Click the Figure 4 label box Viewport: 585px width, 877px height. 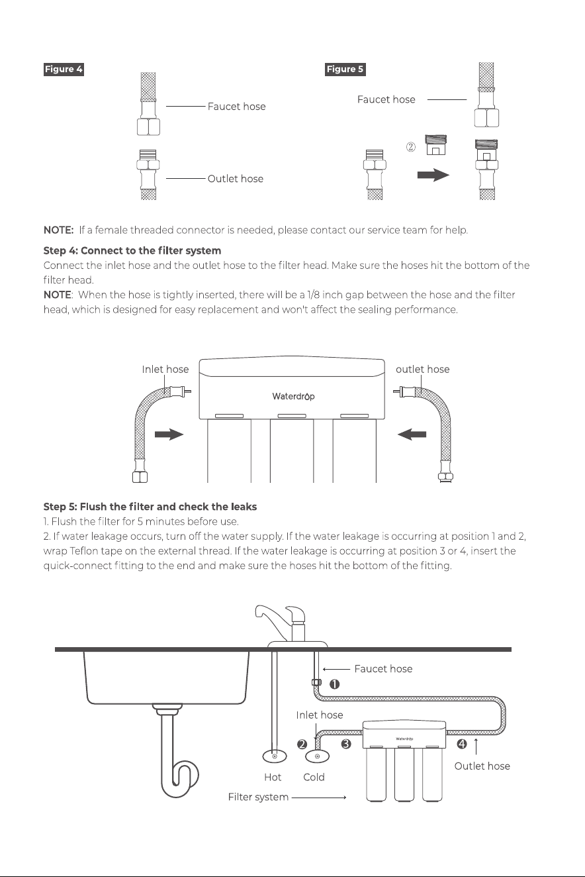[x=64, y=70]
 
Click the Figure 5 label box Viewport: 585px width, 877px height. [x=345, y=70]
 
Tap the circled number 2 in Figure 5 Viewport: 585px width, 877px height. [x=410, y=147]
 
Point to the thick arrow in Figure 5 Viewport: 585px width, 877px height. [x=433, y=175]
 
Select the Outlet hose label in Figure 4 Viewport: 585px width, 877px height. [x=236, y=179]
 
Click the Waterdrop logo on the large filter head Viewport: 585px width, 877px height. [x=293, y=396]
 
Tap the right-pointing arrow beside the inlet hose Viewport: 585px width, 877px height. [x=169, y=434]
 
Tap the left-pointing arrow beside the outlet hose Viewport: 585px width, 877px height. [x=412, y=434]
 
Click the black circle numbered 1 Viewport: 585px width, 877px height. [x=334, y=684]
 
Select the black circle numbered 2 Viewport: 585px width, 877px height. [x=302, y=744]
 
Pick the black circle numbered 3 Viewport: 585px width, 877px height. [x=345, y=743]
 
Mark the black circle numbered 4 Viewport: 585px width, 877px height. [x=462, y=743]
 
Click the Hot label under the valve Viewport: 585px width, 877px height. [x=273, y=777]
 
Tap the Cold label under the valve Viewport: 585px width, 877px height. [x=314, y=777]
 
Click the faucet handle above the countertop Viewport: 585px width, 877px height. [x=295, y=615]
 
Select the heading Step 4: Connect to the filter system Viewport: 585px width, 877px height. [x=132, y=250]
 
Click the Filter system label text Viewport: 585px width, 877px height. [x=258, y=797]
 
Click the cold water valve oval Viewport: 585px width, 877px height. [x=317, y=756]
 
